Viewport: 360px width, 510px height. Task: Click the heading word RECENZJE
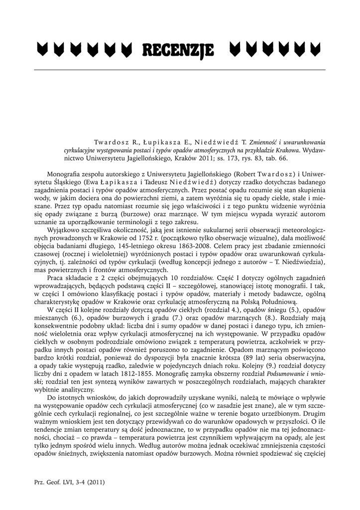pyautogui.click(x=178, y=50)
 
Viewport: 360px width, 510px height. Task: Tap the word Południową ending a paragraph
pyautogui.click(x=276, y=301)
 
